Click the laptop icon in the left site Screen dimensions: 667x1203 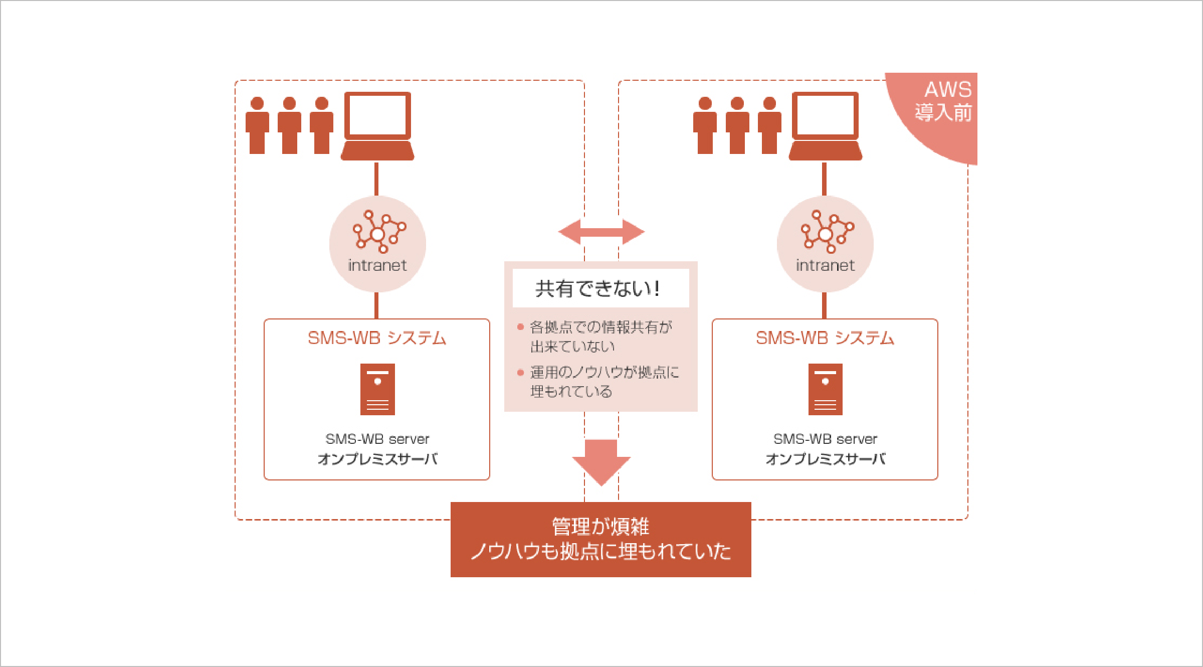tap(377, 125)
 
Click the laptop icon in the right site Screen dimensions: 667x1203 tap(825, 125)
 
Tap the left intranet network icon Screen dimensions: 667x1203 tap(379, 232)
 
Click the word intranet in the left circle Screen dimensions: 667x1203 tap(377, 265)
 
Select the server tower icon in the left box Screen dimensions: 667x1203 tap(377, 389)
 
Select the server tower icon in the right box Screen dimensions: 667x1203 tap(825, 389)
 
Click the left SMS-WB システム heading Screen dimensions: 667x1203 tap(377, 338)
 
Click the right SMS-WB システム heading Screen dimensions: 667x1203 tap(825, 338)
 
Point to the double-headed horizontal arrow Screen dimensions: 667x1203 tap(601, 232)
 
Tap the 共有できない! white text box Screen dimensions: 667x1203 tap(600, 288)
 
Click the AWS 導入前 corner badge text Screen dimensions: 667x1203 tap(943, 102)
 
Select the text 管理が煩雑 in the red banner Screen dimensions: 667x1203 tap(600, 527)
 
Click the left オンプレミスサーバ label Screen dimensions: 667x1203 tap(377, 459)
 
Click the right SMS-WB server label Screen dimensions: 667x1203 tap(825, 439)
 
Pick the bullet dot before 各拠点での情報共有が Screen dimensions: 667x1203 tap(520, 327)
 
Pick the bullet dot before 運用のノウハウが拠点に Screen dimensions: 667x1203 tap(520, 372)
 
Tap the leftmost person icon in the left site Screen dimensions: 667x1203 tap(257, 125)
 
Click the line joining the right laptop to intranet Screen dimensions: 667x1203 tap(825, 179)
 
